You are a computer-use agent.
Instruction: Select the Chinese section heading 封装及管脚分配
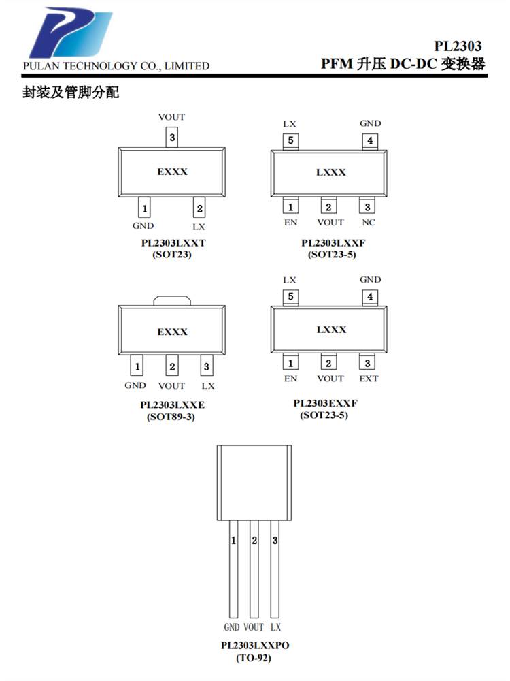pos(71,93)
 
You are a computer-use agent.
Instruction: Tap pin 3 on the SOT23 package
pos(172,138)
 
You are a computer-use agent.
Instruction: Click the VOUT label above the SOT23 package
pos(171,117)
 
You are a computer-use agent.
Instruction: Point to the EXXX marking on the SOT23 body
pos(172,172)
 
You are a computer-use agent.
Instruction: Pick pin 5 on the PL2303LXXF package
pos(290,141)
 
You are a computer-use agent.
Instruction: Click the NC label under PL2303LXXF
pos(368,222)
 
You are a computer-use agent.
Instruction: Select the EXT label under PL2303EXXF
pos(369,379)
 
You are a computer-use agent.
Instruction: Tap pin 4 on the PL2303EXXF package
pos(370,297)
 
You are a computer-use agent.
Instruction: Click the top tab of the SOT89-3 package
pos(172,300)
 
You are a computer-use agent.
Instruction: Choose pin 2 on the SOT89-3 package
pos(172,367)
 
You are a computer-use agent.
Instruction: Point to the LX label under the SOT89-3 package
pos(208,385)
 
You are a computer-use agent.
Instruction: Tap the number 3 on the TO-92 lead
pos(275,541)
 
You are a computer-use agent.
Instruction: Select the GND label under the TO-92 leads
pos(231,627)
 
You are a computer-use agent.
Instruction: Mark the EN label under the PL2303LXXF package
pos(290,222)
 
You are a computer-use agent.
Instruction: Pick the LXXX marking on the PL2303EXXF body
pos(330,330)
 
